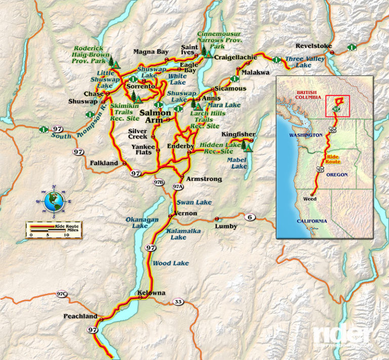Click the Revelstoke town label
pos(314,46)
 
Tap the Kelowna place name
pos(151,293)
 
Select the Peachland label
pos(80,316)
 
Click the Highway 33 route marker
pos(178,302)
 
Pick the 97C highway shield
pos(62,295)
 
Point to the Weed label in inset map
pos(309,199)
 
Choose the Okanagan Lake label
pos(135,223)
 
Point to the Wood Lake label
pos(171,263)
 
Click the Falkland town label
pos(104,163)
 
